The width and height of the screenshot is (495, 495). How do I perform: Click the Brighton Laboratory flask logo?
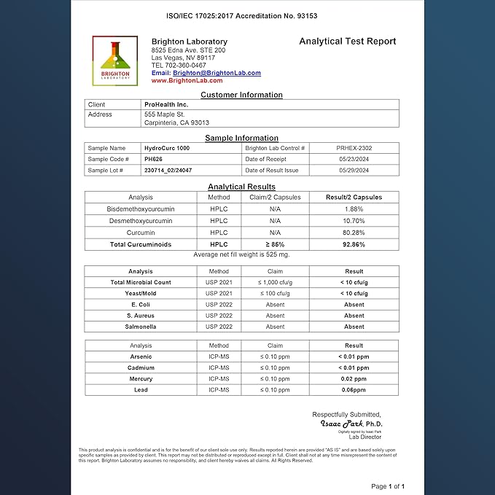click(115, 61)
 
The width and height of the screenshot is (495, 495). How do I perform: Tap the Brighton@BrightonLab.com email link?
click(217, 73)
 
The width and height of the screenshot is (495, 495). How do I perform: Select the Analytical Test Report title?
click(348, 42)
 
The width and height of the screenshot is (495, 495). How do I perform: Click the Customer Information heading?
click(241, 95)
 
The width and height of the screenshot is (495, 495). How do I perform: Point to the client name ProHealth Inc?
click(166, 104)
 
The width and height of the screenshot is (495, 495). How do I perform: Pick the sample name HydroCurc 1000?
click(167, 148)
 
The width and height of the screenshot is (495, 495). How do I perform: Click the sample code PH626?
click(153, 159)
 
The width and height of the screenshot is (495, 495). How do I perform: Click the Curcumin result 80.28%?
click(354, 233)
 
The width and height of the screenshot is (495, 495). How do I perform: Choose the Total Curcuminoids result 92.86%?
click(354, 244)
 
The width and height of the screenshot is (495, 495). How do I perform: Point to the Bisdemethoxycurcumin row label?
click(141, 208)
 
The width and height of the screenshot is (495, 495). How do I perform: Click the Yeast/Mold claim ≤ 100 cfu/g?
click(275, 293)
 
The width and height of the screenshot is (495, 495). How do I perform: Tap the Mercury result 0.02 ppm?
click(354, 379)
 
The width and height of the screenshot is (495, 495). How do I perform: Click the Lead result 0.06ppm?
click(354, 390)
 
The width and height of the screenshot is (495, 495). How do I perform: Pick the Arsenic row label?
click(141, 356)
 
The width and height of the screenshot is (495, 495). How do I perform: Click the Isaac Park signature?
click(351, 424)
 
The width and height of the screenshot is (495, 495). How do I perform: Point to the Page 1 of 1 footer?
click(388, 486)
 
